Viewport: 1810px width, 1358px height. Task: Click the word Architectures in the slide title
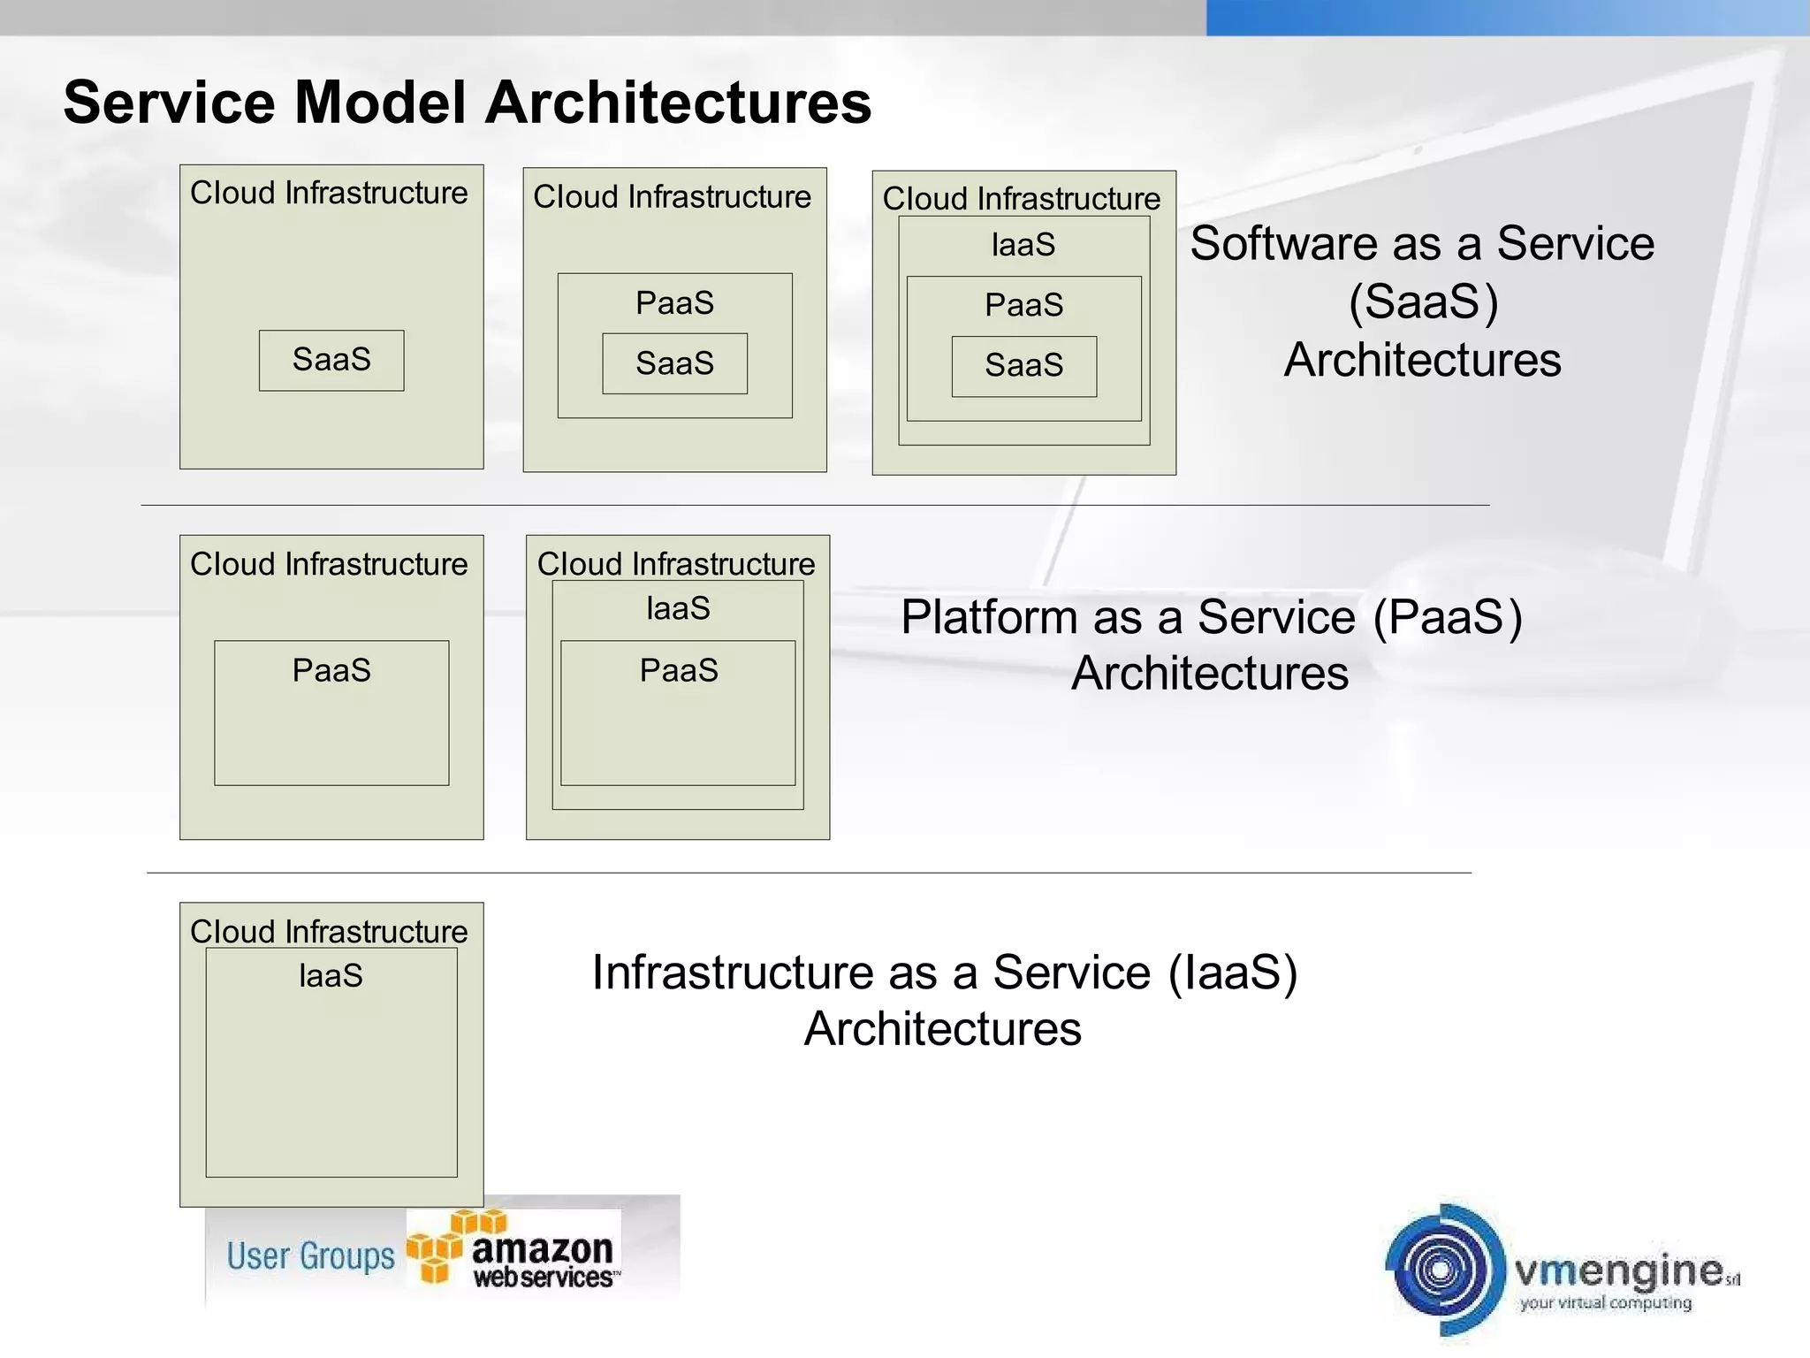click(678, 103)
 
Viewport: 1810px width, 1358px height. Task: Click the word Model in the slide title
click(379, 103)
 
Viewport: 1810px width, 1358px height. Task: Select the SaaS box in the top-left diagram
click(331, 361)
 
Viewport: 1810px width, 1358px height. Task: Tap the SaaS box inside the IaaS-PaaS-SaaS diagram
click(1023, 366)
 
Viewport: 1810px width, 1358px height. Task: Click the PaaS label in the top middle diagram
click(674, 303)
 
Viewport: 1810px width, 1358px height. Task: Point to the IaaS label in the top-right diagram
click(1023, 245)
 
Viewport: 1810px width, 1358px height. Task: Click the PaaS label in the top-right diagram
click(1023, 306)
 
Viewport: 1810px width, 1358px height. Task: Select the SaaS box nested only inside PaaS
click(674, 363)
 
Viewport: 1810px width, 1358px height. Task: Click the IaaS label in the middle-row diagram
click(678, 609)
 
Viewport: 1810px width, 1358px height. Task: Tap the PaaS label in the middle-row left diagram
click(331, 671)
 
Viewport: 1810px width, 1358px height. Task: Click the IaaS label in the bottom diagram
click(331, 976)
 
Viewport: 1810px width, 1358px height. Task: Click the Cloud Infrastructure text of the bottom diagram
click(329, 931)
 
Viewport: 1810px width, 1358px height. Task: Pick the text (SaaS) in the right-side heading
click(1423, 301)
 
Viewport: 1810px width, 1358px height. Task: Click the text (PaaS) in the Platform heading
click(1448, 617)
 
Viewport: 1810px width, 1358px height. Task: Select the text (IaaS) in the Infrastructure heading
click(1233, 973)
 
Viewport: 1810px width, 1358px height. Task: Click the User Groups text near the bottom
click(310, 1256)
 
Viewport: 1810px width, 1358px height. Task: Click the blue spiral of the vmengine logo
click(1441, 1270)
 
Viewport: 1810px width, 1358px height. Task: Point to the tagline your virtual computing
click(1605, 1303)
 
